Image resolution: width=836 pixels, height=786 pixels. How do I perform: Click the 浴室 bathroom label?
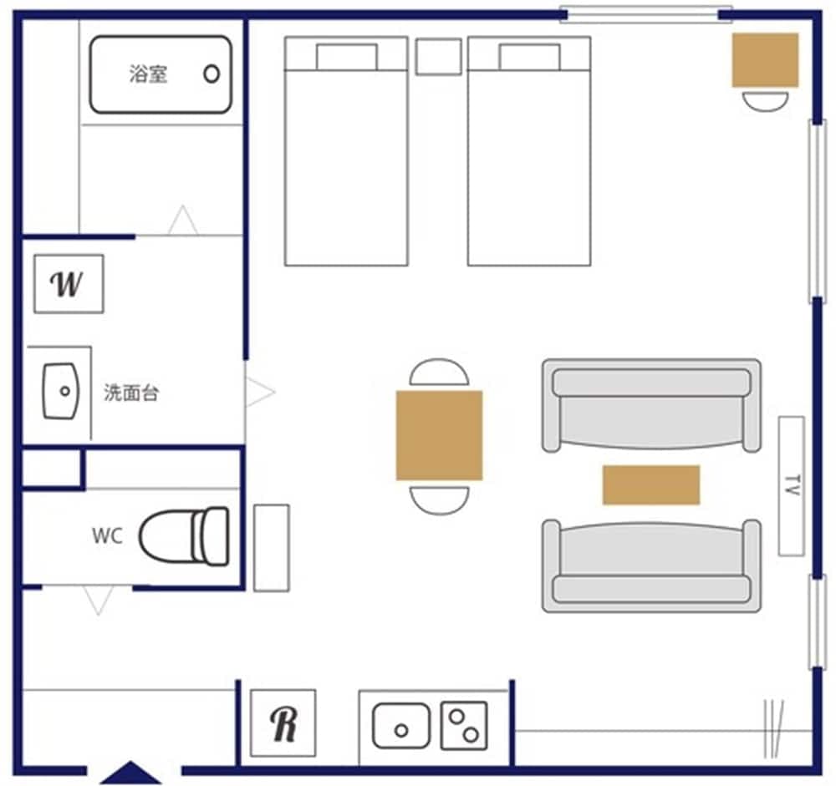pyautogui.click(x=148, y=74)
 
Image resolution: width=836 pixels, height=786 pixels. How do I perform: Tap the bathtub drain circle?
pyautogui.click(x=212, y=74)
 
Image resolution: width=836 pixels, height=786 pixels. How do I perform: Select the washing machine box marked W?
pyautogui.click(x=69, y=284)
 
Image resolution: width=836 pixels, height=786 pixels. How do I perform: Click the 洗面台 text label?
pyautogui.click(x=131, y=393)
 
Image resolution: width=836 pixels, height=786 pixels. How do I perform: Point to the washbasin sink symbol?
pyautogui.click(x=60, y=391)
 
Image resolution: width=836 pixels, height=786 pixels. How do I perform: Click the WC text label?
pyautogui.click(x=107, y=536)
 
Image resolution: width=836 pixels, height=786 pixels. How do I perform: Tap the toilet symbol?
pyautogui.click(x=184, y=535)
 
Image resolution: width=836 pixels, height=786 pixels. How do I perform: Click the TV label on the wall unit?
pyautogui.click(x=791, y=486)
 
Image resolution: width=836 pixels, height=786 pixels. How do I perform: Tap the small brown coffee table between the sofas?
pyautogui.click(x=651, y=485)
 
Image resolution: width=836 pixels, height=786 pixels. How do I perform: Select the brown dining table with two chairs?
pyautogui.click(x=439, y=435)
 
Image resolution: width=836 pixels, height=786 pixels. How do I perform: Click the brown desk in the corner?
pyautogui.click(x=765, y=60)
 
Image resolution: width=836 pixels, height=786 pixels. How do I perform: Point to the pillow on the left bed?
pyautogui.click(x=346, y=57)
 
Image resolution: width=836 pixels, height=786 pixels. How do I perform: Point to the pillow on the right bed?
pyautogui.click(x=529, y=57)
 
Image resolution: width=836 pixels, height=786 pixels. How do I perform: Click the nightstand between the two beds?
pyautogui.click(x=438, y=56)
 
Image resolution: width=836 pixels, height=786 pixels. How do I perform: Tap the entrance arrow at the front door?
pyautogui.click(x=130, y=773)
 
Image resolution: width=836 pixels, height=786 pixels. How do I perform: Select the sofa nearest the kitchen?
pyautogui.click(x=651, y=565)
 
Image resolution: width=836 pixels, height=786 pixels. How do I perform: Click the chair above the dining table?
pyautogui.click(x=439, y=373)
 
